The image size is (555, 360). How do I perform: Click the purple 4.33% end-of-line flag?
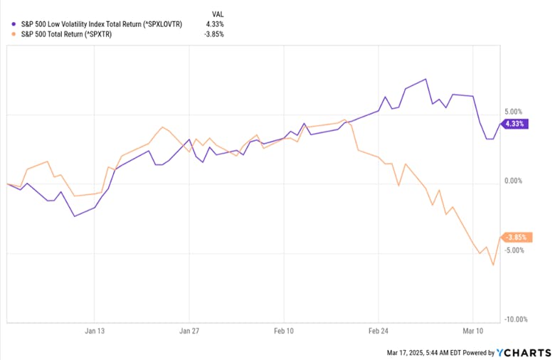click(x=514, y=123)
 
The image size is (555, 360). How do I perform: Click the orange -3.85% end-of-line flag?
click(x=514, y=238)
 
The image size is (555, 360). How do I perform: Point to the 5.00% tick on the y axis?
click(x=512, y=112)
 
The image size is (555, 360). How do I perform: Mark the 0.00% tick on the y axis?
click(x=512, y=181)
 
